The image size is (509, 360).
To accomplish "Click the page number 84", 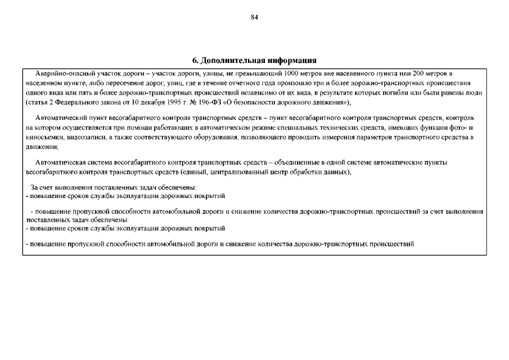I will click(x=254, y=17).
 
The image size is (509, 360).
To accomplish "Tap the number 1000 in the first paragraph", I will click(x=291, y=73).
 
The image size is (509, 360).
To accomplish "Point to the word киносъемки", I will click(x=44, y=137).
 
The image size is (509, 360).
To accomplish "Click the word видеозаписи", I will click(x=84, y=137).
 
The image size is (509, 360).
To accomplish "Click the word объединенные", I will click(x=298, y=163).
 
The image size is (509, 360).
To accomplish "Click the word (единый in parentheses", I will click(x=192, y=172).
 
